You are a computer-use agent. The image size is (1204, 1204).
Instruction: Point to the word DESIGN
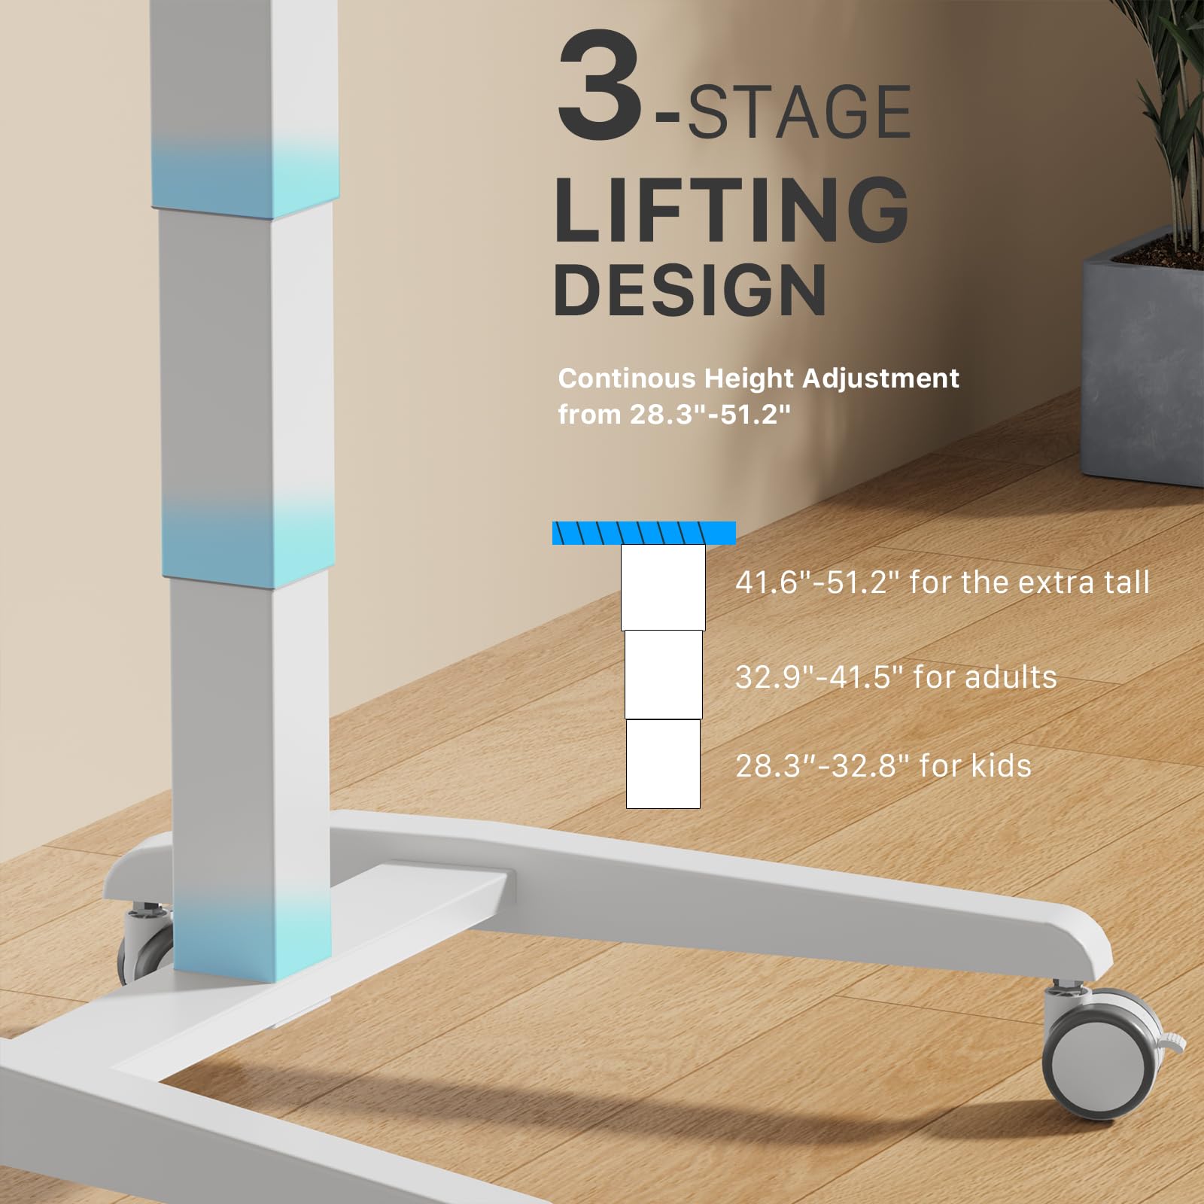coord(690,290)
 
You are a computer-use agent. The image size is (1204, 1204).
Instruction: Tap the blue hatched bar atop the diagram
coord(644,533)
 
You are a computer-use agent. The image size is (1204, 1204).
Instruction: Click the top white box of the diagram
coord(663,588)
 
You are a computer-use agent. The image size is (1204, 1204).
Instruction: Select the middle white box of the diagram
coord(663,675)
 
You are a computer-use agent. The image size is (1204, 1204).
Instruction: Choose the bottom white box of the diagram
coord(663,764)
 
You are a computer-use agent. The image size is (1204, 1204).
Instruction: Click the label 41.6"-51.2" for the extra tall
coord(942,582)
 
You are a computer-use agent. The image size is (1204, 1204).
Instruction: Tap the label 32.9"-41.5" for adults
coord(895,676)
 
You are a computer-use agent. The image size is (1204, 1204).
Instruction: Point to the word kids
coord(1001,765)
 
